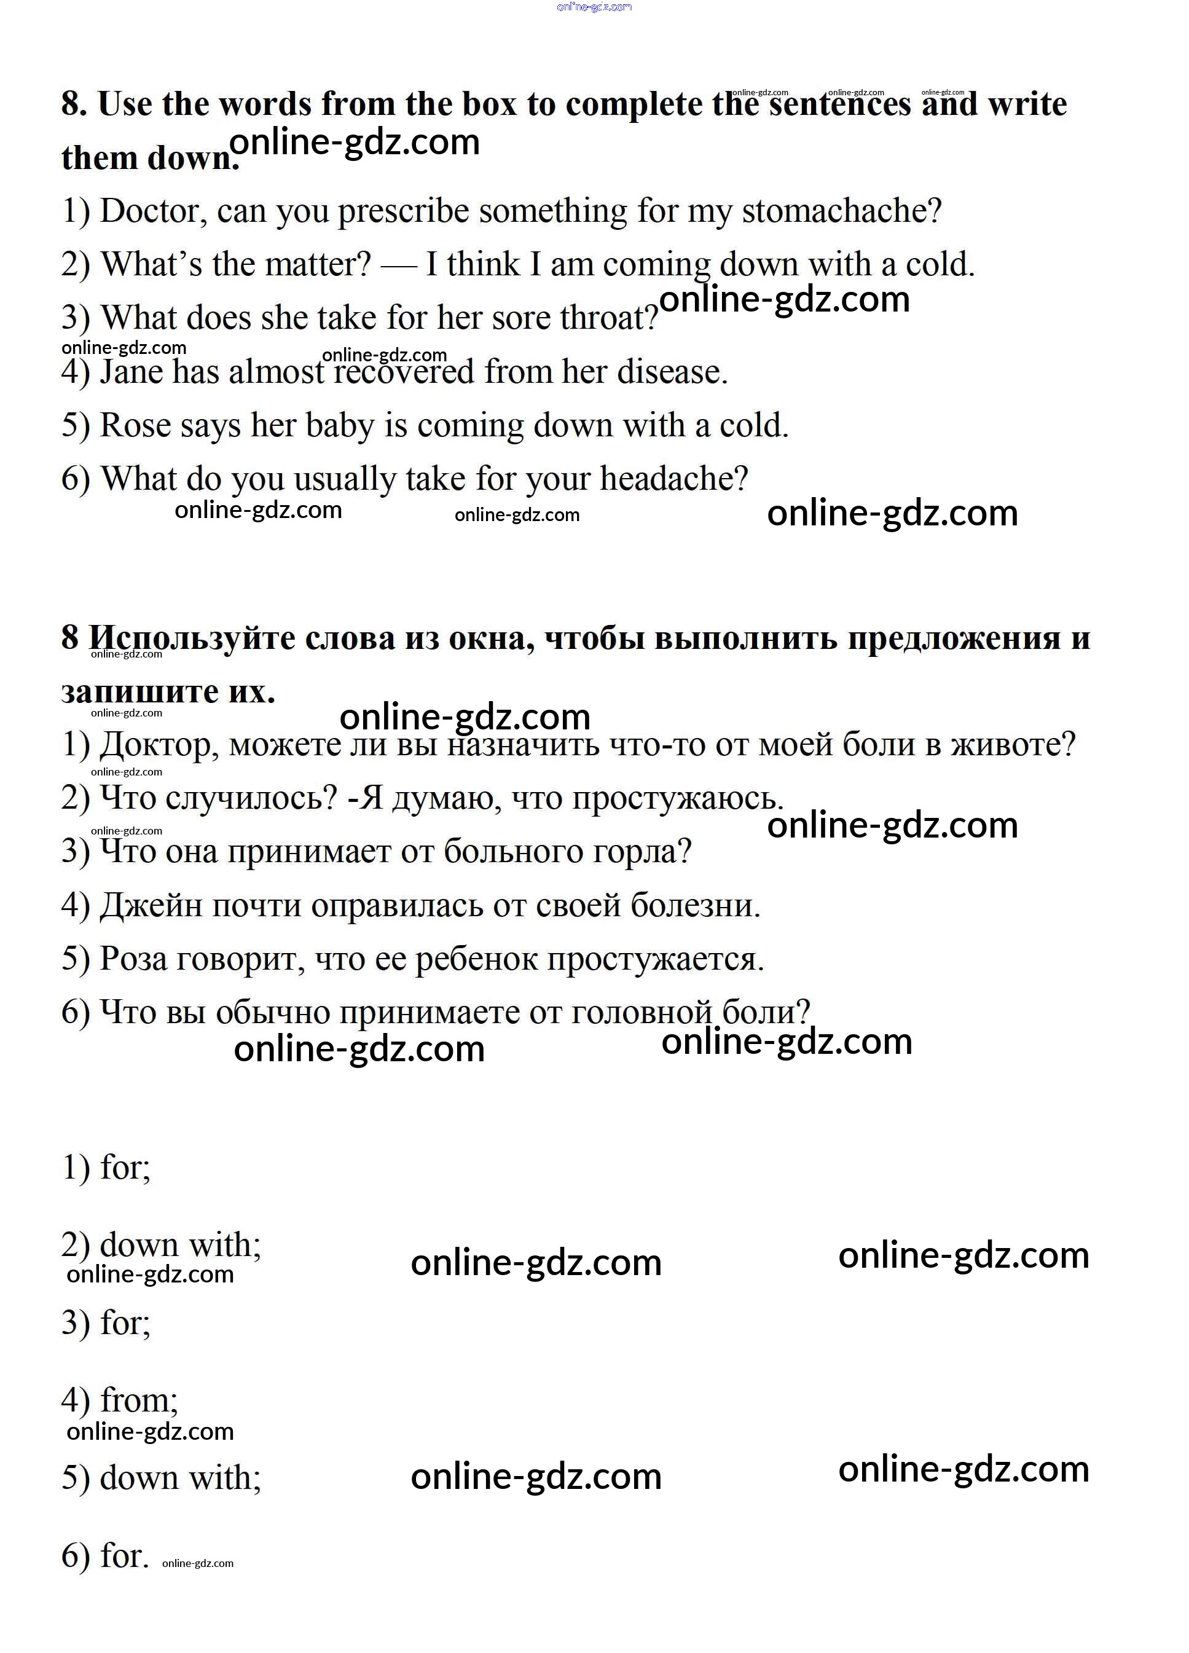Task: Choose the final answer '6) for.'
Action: click(x=106, y=1556)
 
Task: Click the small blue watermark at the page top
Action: click(x=594, y=7)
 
